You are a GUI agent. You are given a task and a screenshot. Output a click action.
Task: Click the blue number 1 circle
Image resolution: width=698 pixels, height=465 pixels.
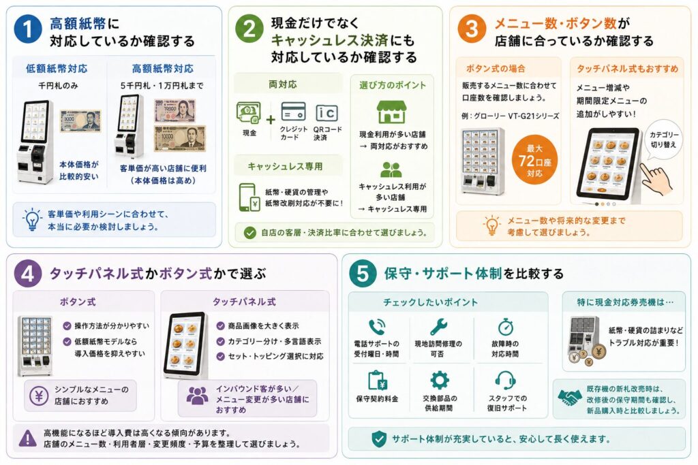pos(27,29)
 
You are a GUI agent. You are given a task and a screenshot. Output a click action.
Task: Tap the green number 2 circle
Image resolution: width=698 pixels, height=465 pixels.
pos(249,29)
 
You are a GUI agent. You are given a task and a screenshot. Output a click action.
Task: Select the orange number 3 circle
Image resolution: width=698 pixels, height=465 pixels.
pos(472,29)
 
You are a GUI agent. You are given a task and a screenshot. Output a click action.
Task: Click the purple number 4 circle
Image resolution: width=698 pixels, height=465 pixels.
pos(27,274)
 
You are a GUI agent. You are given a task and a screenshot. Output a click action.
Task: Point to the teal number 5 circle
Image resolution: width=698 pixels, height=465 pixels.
pos(363,274)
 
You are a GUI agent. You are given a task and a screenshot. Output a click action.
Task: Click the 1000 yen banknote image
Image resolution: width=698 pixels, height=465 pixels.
pos(80,121)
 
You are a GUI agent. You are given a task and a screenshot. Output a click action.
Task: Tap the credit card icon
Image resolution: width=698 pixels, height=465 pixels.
pos(293,112)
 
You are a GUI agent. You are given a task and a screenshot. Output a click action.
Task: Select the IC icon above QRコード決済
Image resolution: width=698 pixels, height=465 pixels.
pos(327,113)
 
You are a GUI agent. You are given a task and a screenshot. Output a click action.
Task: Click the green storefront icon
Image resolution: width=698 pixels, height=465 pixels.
pos(392,112)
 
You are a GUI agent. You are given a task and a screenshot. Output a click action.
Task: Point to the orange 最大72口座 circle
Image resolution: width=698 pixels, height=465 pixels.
pos(534,160)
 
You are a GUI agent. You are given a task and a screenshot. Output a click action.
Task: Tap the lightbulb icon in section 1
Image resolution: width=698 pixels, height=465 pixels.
pos(32,219)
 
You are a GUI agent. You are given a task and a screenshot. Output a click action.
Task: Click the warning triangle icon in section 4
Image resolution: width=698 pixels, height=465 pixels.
pos(27,438)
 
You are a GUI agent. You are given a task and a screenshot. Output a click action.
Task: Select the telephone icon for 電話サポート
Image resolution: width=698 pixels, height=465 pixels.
pos(376,327)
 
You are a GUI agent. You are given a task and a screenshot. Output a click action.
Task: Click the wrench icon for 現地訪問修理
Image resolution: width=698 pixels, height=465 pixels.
pos(438,327)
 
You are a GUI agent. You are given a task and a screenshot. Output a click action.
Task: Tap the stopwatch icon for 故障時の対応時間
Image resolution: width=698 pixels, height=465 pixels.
pos(505,327)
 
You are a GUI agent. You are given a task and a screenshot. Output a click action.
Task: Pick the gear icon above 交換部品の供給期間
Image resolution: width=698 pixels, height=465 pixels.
pos(440,381)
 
